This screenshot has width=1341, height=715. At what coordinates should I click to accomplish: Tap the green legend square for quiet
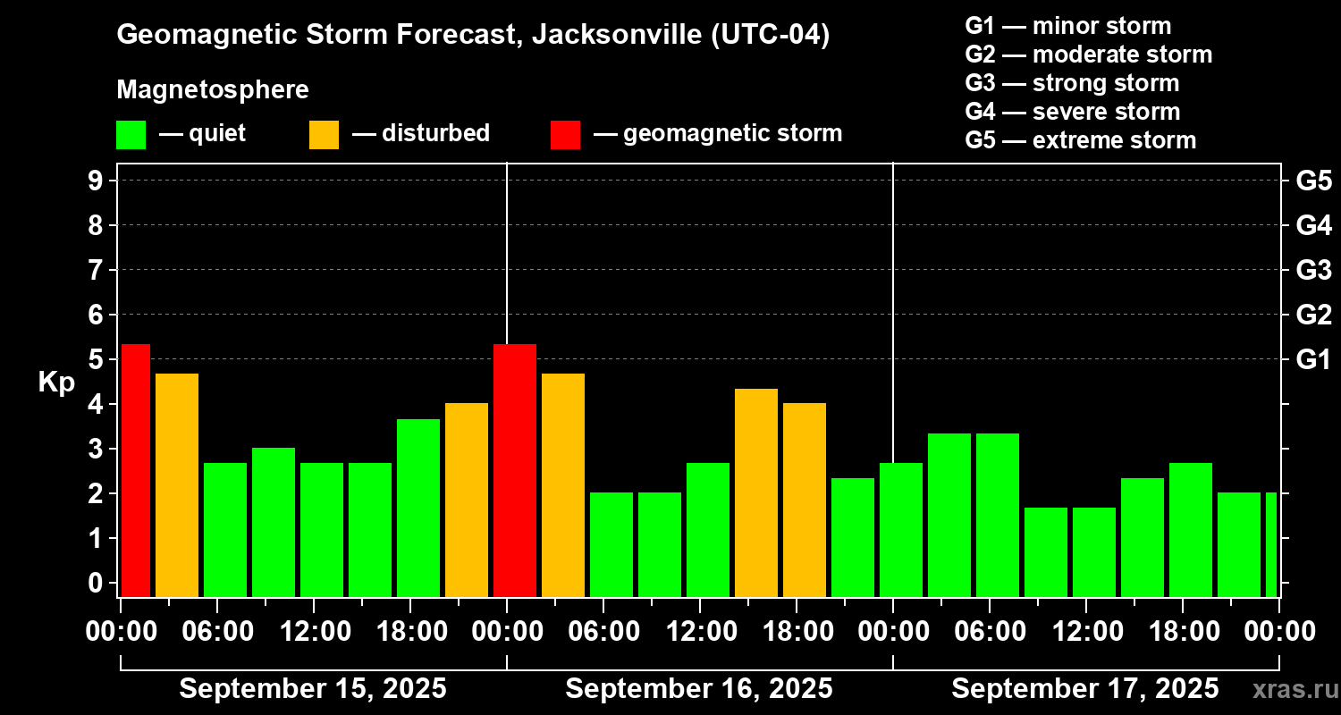[131, 134]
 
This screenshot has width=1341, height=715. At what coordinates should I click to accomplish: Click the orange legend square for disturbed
[324, 134]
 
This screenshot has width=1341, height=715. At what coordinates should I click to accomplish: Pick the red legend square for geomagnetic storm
[565, 134]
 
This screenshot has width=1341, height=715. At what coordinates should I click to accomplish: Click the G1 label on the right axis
[1313, 360]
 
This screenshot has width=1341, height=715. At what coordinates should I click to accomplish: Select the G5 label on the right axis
[1313, 181]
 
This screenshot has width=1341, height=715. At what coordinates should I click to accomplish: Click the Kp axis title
[55, 383]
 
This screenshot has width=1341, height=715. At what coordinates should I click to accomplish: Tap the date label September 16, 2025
[699, 689]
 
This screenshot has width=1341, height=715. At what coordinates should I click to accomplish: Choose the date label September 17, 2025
[1084, 689]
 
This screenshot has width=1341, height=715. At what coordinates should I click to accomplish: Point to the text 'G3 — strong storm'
[1072, 83]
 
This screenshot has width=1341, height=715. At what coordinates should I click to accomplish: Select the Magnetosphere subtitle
[213, 90]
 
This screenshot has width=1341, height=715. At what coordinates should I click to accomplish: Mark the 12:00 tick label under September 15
[316, 631]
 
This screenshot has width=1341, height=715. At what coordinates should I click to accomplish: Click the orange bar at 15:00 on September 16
[756, 492]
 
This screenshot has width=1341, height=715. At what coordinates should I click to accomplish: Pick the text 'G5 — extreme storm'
[1080, 140]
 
